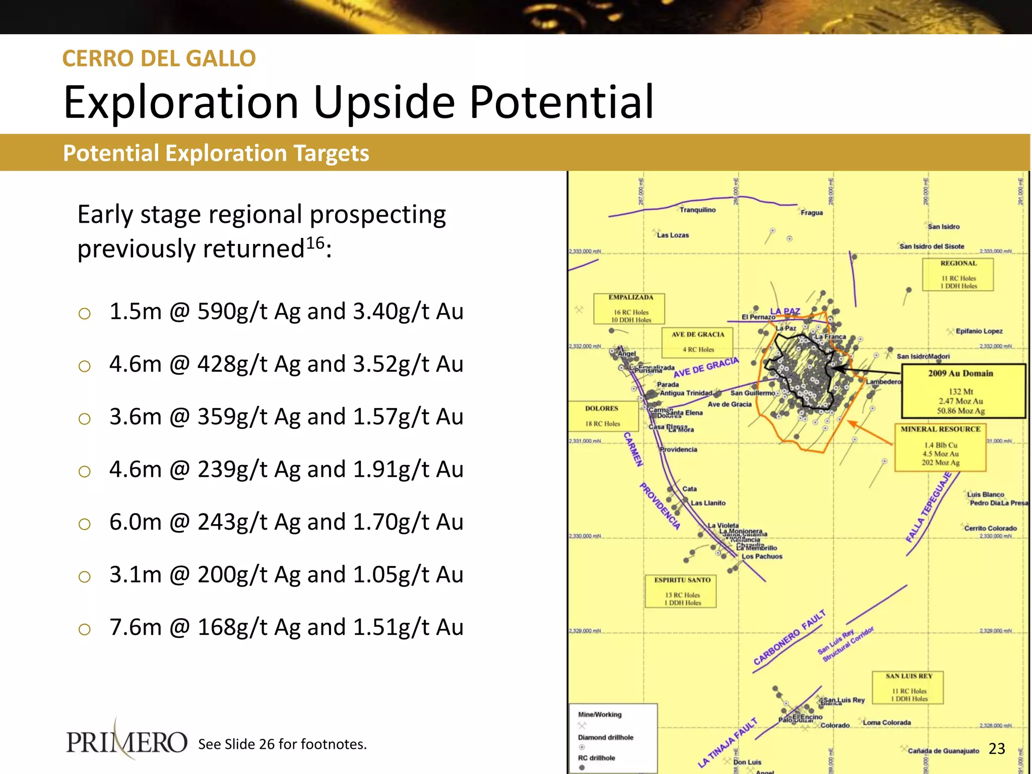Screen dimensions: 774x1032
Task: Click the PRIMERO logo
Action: point(126,742)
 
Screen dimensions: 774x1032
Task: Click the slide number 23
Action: point(997,748)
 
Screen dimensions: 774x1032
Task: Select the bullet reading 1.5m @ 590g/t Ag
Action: point(286,311)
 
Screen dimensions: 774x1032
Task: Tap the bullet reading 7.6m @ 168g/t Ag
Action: point(286,627)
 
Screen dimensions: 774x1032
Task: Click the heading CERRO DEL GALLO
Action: point(159,58)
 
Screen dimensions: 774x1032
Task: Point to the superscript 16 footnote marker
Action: point(315,242)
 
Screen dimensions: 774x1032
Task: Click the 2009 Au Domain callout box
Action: point(963,392)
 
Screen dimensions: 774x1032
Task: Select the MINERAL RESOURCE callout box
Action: point(940,447)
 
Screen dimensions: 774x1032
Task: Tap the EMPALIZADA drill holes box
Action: point(630,308)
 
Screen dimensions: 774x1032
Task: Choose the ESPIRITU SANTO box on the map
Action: point(681,591)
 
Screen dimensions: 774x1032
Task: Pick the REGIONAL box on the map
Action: point(958,275)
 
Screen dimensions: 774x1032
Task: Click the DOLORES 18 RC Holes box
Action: point(602,416)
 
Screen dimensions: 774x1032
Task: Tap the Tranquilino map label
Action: point(697,210)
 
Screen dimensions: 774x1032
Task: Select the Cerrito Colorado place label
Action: point(990,528)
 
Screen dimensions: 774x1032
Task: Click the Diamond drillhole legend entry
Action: point(605,737)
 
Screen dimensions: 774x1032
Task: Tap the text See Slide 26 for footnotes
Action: point(282,744)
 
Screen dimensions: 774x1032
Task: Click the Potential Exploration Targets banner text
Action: point(216,153)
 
